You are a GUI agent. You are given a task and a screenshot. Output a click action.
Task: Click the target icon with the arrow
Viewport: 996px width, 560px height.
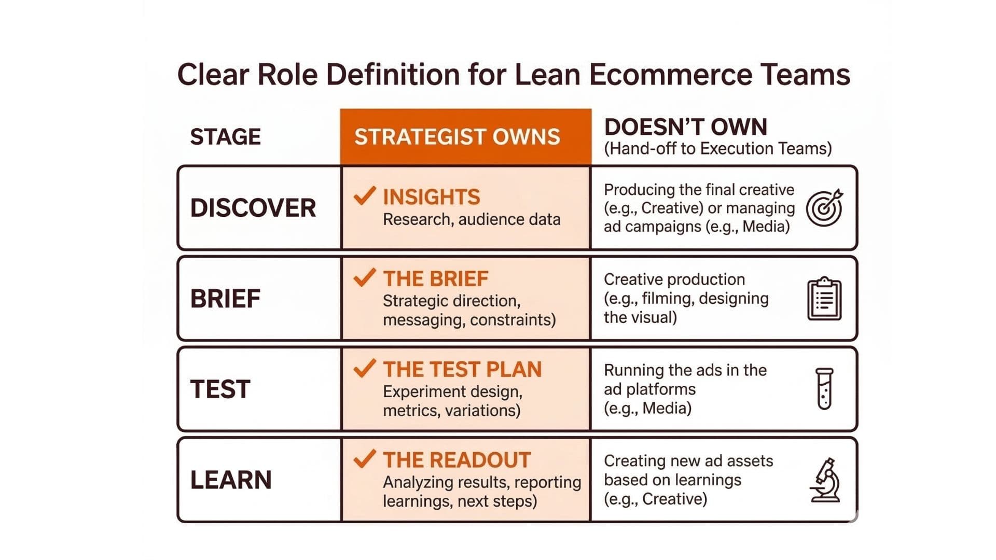(824, 208)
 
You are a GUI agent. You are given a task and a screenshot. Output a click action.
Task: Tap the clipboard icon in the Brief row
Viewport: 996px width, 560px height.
(824, 299)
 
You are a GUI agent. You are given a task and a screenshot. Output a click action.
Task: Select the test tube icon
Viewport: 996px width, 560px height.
(824, 389)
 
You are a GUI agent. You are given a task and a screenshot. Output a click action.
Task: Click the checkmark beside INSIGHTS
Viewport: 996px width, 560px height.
(364, 196)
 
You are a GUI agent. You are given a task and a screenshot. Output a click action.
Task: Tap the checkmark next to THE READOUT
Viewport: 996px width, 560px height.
(364, 459)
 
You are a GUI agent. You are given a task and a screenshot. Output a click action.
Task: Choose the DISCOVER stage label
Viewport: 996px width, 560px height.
(253, 208)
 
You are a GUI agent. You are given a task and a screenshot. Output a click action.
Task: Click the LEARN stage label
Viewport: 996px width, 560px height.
(231, 480)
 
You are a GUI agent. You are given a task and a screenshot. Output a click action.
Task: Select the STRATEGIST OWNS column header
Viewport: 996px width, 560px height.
(457, 137)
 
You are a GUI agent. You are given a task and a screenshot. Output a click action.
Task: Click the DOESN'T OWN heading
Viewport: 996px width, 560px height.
(685, 127)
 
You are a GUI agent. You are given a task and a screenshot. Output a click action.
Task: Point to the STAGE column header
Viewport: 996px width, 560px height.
(225, 137)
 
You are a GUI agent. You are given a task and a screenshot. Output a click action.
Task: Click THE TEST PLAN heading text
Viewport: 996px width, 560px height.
(462, 369)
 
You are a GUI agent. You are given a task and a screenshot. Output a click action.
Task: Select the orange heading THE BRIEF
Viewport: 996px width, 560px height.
(436, 279)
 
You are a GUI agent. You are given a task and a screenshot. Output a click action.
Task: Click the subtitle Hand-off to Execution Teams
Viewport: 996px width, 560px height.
(717, 149)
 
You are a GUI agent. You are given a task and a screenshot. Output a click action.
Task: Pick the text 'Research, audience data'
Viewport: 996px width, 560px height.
(472, 219)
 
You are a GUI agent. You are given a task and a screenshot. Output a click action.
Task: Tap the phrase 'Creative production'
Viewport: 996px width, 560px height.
(674, 279)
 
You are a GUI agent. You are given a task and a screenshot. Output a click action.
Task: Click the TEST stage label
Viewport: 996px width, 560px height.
(220, 389)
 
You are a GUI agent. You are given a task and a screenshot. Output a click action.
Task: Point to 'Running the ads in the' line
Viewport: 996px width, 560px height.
(685, 370)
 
